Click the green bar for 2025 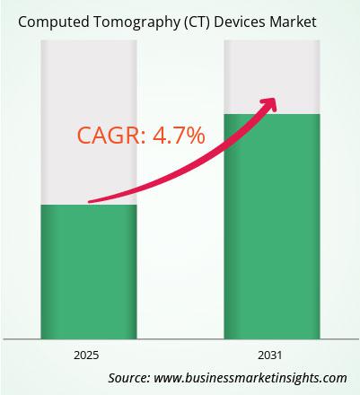coord(89,272)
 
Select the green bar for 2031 coord(272,226)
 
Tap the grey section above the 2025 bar coord(89,122)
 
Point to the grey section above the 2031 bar coord(272,77)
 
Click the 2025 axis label coord(86,355)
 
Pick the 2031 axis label coord(270,355)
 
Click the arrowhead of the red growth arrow coord(269,104)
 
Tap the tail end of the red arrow coord(90,202)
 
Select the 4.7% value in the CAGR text coord(179,136)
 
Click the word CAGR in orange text coord(110,136)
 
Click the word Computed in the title coord(54,22)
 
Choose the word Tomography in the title coord(137,22)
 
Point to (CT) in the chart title coord(197,22)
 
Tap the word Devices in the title coord(240,22)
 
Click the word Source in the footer coord(129,378)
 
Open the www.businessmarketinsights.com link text coord(250,378)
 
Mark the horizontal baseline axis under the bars coord(180,339)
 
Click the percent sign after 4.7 coord(195,136)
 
